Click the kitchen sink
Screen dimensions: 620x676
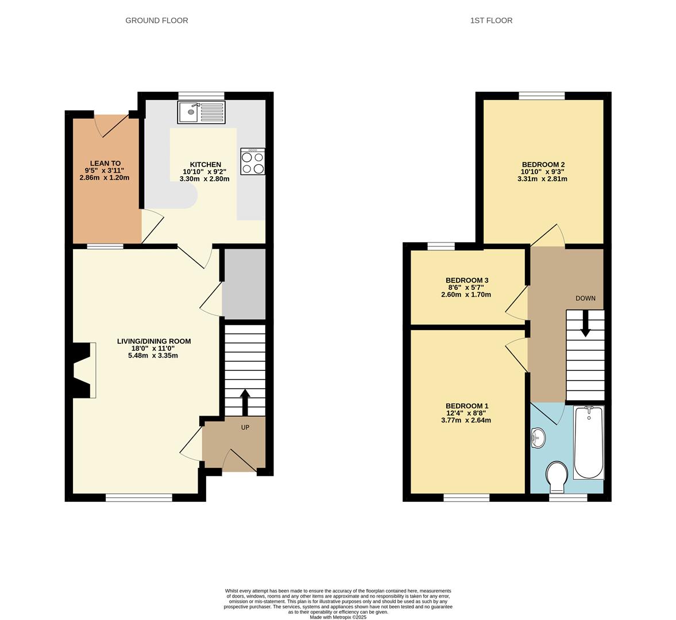[x=202, y=112]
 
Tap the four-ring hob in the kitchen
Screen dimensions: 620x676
[x=253, y=162]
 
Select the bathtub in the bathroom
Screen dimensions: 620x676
[x=589, y=443]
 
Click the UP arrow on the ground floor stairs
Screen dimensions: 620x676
[x=245, y=402]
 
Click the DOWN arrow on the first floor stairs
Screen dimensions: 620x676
[x=585, y=323]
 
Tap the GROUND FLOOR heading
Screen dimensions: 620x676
[x=157, y=21]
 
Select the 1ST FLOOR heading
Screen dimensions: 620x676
[x=491, y=21]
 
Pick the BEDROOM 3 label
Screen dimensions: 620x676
[x=467, y=280]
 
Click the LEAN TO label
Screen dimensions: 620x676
[x=105, y=164]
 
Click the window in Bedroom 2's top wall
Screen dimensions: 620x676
[x=542, y=96]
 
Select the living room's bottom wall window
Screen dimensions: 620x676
[x=139, y=498]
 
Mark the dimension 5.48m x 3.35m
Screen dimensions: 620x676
[x=153, y=355]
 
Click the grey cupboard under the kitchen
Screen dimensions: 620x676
[x=244, y=284]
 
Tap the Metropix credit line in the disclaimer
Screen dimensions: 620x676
[x=338, y=617]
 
